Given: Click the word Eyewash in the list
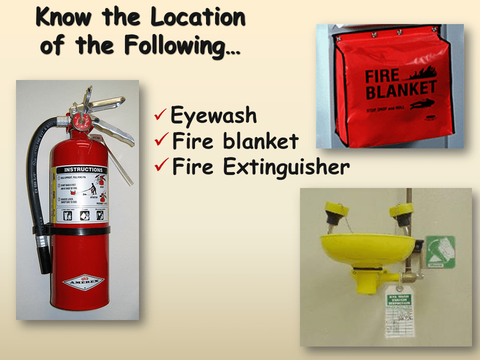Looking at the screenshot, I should click(x=213, y=116).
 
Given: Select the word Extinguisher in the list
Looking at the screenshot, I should click(x=286, y=167).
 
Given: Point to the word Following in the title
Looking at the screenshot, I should click(x=173, y=46).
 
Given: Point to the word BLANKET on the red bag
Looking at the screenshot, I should click(x=400, y=90).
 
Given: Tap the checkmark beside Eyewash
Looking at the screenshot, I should click(x=160, y=116).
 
